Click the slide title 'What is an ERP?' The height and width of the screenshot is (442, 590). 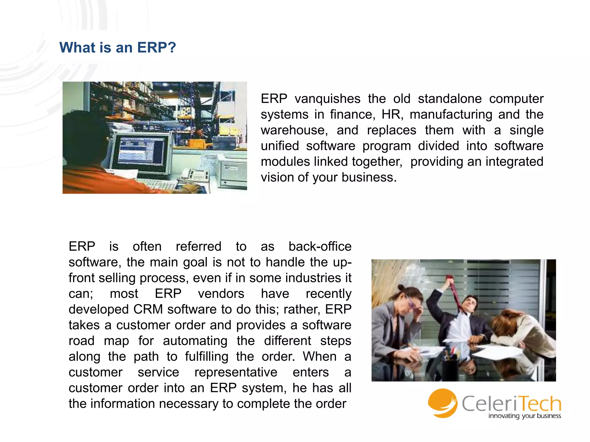(x=118, y=47)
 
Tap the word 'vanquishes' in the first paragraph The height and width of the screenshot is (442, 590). (x=327, y=99)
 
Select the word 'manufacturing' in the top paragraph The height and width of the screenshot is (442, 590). (x=451, y=115)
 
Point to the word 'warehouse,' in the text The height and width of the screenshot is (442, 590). (x=294, y=130)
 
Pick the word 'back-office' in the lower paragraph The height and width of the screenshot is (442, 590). (x=320, y=247)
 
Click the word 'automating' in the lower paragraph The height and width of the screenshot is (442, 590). (x=195, y=341)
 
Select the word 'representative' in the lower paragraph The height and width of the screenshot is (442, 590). (x=236, y=372)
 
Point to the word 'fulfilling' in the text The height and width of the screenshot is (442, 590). (x=206, y=357)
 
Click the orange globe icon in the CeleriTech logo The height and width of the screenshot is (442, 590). (x=442, y=403)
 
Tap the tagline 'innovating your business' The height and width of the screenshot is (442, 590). (x=524, y=416)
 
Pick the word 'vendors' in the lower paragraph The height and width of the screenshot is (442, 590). (x=221, y=294)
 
